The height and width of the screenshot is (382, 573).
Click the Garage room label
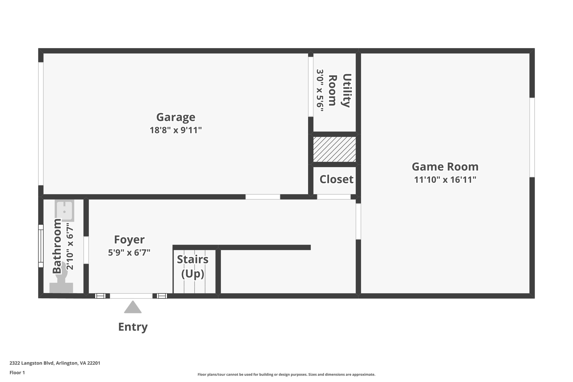[x=176, y=117]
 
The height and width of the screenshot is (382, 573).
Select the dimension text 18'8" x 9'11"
[x=176, y=130]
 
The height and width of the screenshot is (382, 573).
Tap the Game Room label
[x=445, y=167]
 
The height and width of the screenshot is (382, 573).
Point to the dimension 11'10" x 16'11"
[x=445, y=180]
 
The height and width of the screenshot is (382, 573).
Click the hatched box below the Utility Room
[x=334, y=149]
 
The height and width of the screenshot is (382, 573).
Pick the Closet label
[x=336, y=179]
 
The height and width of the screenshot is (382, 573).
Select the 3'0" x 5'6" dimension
[x=320, y=90]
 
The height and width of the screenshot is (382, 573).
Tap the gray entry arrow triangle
[x=133, y=308]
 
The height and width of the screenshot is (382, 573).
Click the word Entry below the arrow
[x=133, y=327]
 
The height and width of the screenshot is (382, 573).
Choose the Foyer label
[x=129, y=240]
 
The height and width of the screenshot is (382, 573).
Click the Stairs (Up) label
[x=193, y=267]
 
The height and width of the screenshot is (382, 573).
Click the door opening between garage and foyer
[x=263, y=197]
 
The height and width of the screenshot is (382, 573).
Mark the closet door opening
[x=334, y=197]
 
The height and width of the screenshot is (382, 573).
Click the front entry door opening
[x=131, y=296]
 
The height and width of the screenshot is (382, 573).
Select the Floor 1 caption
[x=17, y=373]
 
